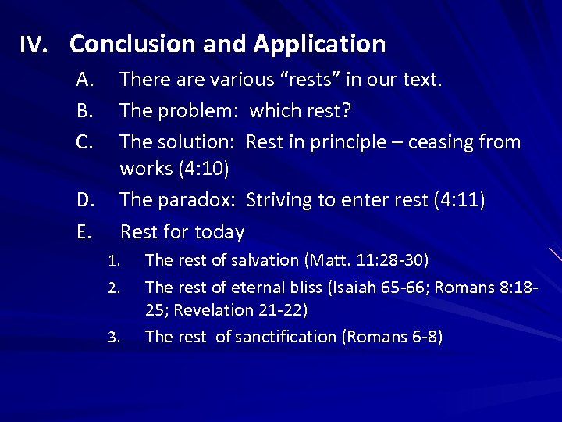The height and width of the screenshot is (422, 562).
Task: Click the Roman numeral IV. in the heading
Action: point(34,45)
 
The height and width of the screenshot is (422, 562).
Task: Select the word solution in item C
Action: point(196,142)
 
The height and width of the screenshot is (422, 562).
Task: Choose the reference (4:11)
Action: point(458,201)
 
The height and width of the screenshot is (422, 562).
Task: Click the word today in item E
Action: point(219,232)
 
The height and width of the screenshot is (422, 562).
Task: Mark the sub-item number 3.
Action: point(113,338)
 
